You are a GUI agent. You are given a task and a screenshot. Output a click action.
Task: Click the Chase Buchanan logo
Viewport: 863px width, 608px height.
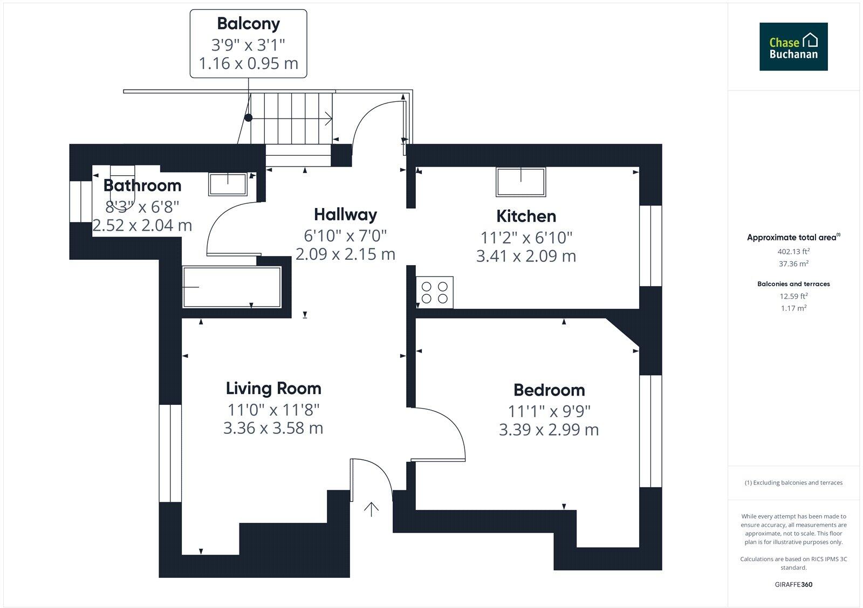click(x=793, y=46)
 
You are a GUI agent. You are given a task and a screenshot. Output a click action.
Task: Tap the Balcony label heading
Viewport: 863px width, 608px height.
click(x=248, y=24)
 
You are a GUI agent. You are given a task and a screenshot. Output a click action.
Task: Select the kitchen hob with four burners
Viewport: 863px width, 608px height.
click(x=435, y=292)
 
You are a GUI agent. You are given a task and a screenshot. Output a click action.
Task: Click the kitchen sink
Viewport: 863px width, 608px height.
click(x=520, y=182)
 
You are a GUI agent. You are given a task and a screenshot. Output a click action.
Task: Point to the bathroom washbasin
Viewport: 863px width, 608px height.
click(x=228, y=184)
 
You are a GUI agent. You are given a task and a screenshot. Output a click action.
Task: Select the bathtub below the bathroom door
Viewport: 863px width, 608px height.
click(x=232, y=287)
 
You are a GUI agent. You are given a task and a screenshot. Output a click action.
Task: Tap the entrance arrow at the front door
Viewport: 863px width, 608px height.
click(x=371, y=509)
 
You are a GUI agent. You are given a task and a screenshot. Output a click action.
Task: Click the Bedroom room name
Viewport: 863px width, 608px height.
click(x=549, y=390)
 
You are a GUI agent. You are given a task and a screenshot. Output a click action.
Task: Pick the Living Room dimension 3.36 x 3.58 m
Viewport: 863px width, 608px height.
click(x=273, y=429)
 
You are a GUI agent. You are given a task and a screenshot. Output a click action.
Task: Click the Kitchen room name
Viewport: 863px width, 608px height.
click(x=526, y=216)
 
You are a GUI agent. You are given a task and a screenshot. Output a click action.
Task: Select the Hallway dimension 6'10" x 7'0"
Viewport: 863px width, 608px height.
click(x=345, y=236)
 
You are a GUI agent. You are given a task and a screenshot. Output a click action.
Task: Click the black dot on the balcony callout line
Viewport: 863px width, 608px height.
click(x=248, y=118)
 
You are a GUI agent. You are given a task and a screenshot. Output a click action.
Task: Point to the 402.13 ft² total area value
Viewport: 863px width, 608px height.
click(x=793, y=251)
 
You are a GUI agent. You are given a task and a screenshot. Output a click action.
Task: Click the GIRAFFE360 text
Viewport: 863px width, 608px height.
click(x=793, y=584)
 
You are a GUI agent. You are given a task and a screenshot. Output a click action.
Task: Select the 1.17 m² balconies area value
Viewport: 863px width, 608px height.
click(x=793, y=308)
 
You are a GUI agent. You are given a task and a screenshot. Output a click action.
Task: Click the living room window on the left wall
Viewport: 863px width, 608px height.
click(x=170, y=453)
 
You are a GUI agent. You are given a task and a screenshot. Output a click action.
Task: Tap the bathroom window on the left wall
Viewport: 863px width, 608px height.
click(x=81, y=201)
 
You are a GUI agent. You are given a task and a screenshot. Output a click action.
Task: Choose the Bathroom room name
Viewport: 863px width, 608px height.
click(x=142, y=185)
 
